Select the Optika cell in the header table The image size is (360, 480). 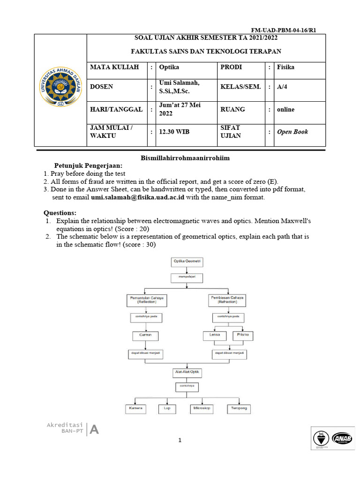(x=169, y=67)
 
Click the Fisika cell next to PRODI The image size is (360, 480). (x=285, y=67)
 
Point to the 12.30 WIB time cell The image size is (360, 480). (x=174, y=132)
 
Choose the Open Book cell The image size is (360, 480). (x=292, y=132)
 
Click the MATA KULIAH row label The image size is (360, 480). (x=114, y=67)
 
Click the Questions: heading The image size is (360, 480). (x=60, y=212)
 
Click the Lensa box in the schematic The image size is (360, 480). (x=215, y=336)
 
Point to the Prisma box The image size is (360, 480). (x=242, y=336)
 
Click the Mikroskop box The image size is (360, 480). (x=202, y=409)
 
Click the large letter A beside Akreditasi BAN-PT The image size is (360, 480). (x=94, y=429)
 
